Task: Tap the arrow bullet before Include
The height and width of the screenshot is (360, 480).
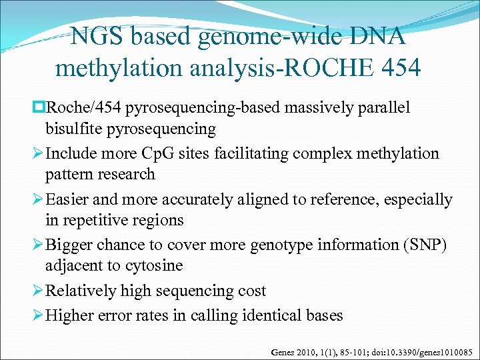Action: tap(37, 154)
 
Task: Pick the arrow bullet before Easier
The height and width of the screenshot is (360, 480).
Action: tap(37, 200)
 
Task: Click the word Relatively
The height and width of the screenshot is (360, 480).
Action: tap(82, 291)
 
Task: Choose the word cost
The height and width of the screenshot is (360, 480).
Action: tap(251, 291)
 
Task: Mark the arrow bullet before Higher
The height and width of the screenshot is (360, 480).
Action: tap(37, 315)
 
